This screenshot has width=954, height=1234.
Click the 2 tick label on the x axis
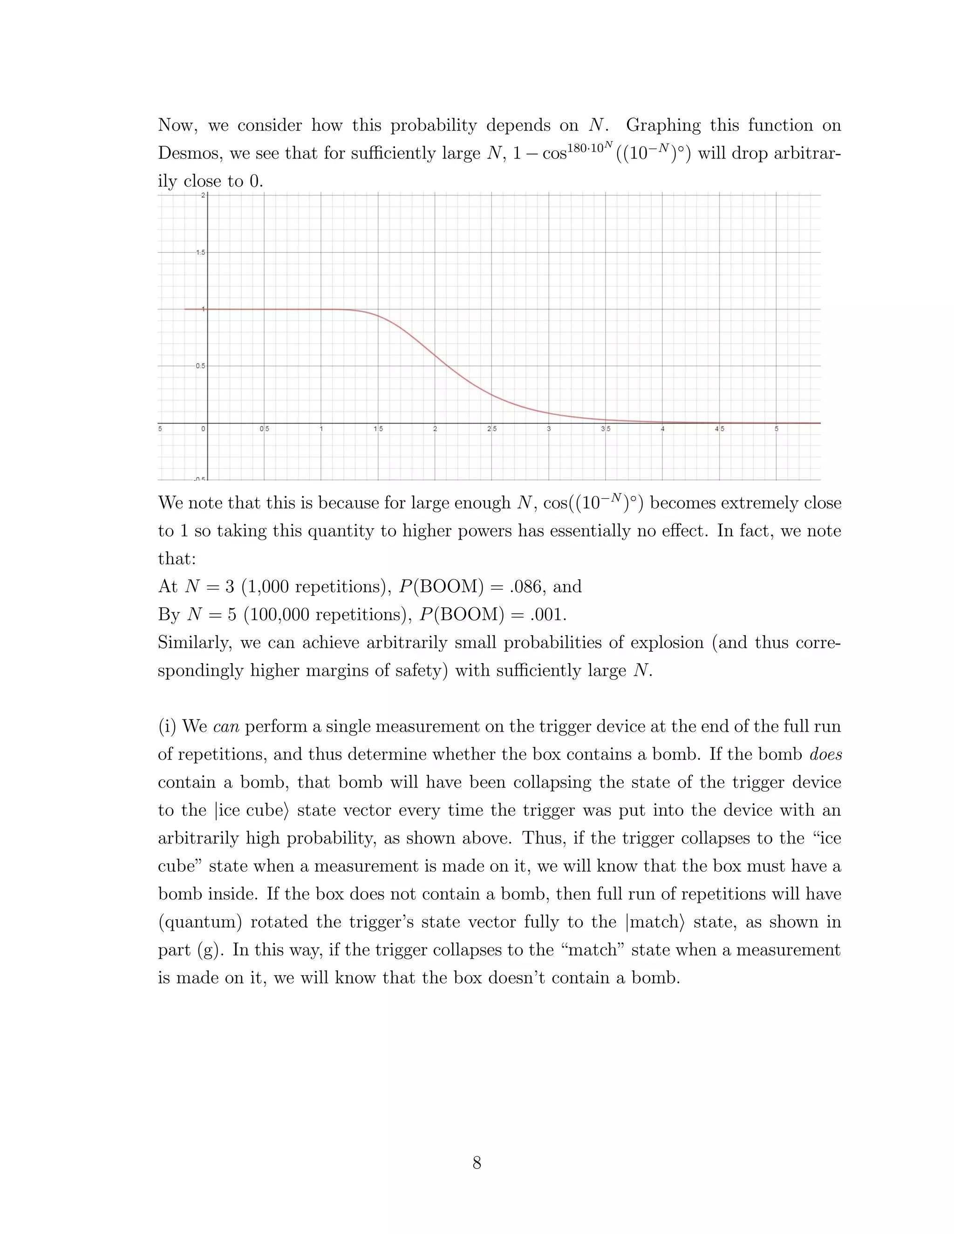coord(435,429)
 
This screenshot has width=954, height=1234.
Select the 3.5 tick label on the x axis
coord(605,429)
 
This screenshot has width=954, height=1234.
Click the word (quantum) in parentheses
coord(200,922)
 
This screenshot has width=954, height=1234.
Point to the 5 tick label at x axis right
coord(776,429)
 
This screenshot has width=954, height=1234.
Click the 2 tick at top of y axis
coord(202,196)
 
